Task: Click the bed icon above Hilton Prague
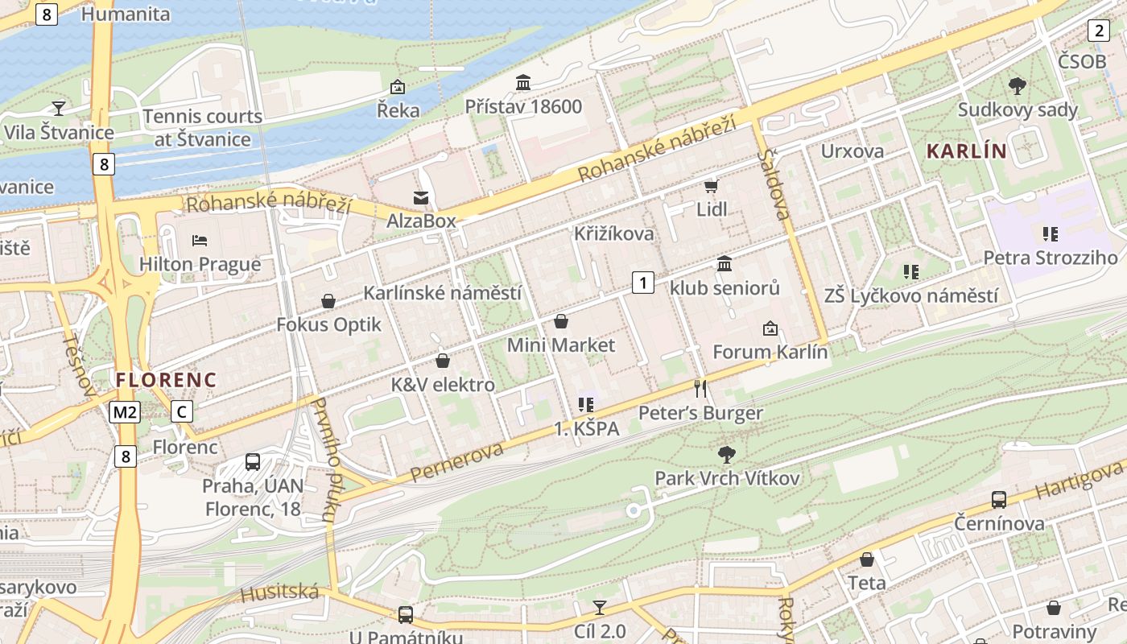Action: (x=200, y=240)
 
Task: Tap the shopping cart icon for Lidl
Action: (x=711, y=186)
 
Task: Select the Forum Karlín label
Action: (x=770, y=352)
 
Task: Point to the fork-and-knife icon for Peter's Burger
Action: (x=700, y=389)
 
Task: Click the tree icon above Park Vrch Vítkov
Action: (x=727, y=455)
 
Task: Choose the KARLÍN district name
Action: (x=966, y=151)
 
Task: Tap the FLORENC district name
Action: (x=166, y=379)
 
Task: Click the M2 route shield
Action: (x=126, y=413)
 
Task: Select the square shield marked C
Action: (x=183, y=412)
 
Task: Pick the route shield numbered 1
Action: (x=642, y=283)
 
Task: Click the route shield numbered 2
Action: (x=1099, y=31)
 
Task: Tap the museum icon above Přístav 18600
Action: (x=523, y=82)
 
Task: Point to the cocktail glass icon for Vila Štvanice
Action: (x=59, y=108)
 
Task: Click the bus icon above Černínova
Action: (x=999, y=499)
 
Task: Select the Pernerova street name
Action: (x=456, y=462)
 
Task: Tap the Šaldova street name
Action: (x=774, y=184)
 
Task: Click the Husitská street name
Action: (x=279, y=594)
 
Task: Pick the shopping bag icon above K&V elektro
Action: (x=442, y=361)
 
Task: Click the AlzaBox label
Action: (x=421, y=221)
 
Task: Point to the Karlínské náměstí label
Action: (x=442, y=292)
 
